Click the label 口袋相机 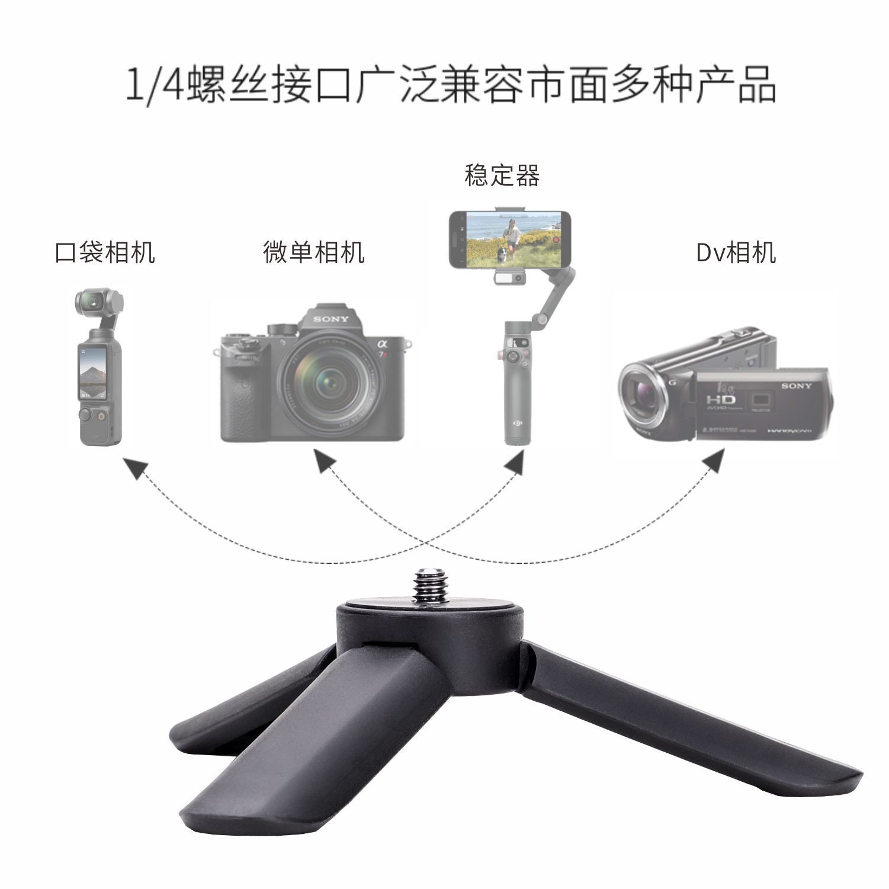click(105, 252)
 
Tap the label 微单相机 click(313, 252)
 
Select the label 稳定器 click(502, 176)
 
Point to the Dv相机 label click(736, 252)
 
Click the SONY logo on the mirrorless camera click(331, 319)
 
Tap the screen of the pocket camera click(91, 373)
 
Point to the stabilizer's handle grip click(515, 385)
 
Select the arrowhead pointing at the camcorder click(713, 460)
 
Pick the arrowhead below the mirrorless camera click(323, 461)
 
